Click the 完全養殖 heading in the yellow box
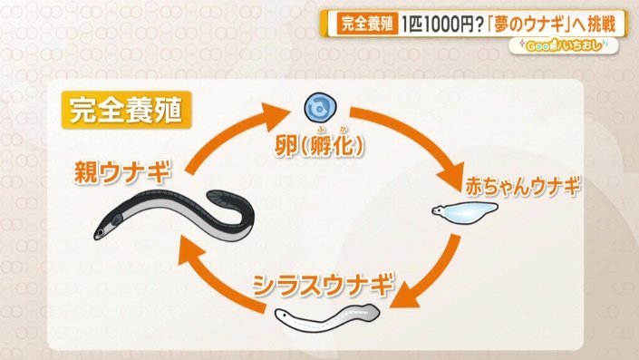click(x=121, y=111)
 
